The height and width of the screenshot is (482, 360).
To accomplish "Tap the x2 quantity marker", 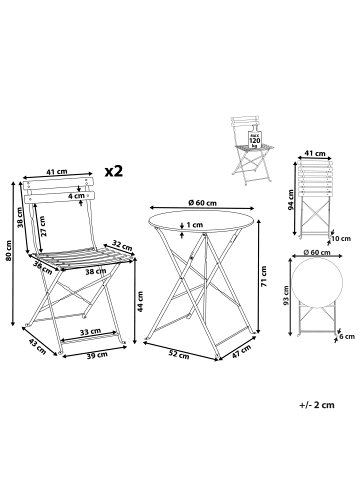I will coord(114,171).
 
